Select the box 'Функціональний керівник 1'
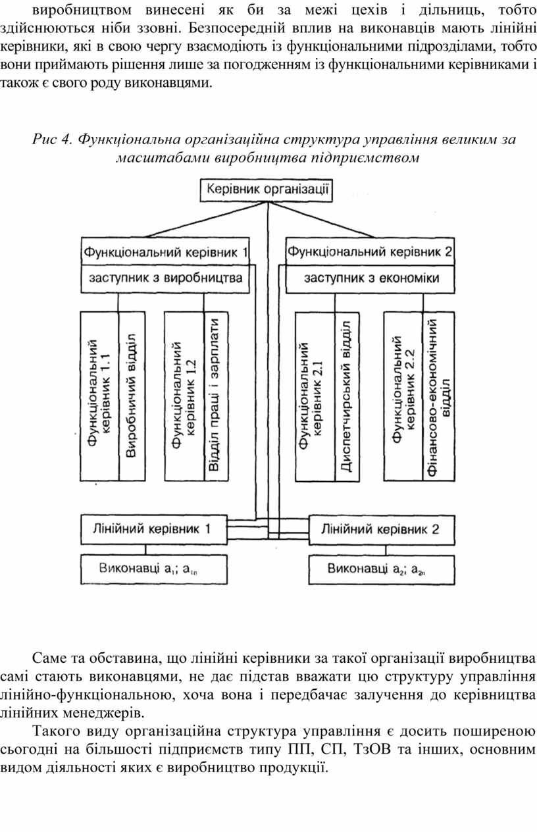[x=165, y=251]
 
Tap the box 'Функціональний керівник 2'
[x=371, y=251]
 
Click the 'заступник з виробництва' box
[x=165, y=278]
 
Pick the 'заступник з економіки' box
[x=371, y=278]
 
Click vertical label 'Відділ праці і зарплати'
[x=215, y=396]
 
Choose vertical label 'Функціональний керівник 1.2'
[x=184, y=396]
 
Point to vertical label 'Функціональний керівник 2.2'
[x=403, y=396]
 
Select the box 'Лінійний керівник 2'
[x=380, y=529]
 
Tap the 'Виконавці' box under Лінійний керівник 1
[x=154, y=568]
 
